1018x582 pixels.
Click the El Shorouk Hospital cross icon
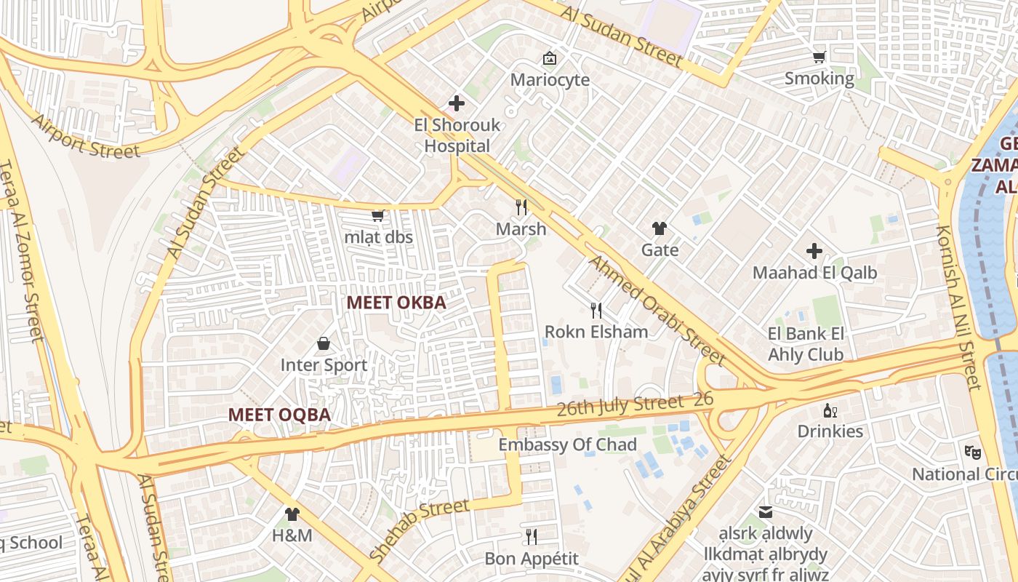(x=457, y=103)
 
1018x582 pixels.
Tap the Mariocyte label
(x=550, y=79)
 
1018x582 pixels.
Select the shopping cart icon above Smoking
(x=819, y=57)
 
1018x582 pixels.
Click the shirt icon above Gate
(x=660, y=228)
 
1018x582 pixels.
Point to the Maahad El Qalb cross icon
(x=814, y=252)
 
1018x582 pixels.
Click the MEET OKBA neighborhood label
(x=396, y=303)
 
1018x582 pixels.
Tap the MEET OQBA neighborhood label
(x=279, y=415)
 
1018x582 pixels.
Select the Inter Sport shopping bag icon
(x=324, y=343)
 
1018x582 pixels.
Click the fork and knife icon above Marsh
(x=521, y=207)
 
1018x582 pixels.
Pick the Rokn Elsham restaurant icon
(x=596, y=311)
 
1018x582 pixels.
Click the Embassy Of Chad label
(x=567, y=445)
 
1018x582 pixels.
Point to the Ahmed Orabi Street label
(x=655, y=310)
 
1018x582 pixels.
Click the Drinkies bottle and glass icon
(x=830, y=411)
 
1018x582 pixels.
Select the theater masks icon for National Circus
(x=973, y=453)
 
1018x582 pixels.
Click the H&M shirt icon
(x=292, y=514)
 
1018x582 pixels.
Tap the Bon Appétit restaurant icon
(x=532, y=537)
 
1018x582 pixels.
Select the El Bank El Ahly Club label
(x=806, y=344)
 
